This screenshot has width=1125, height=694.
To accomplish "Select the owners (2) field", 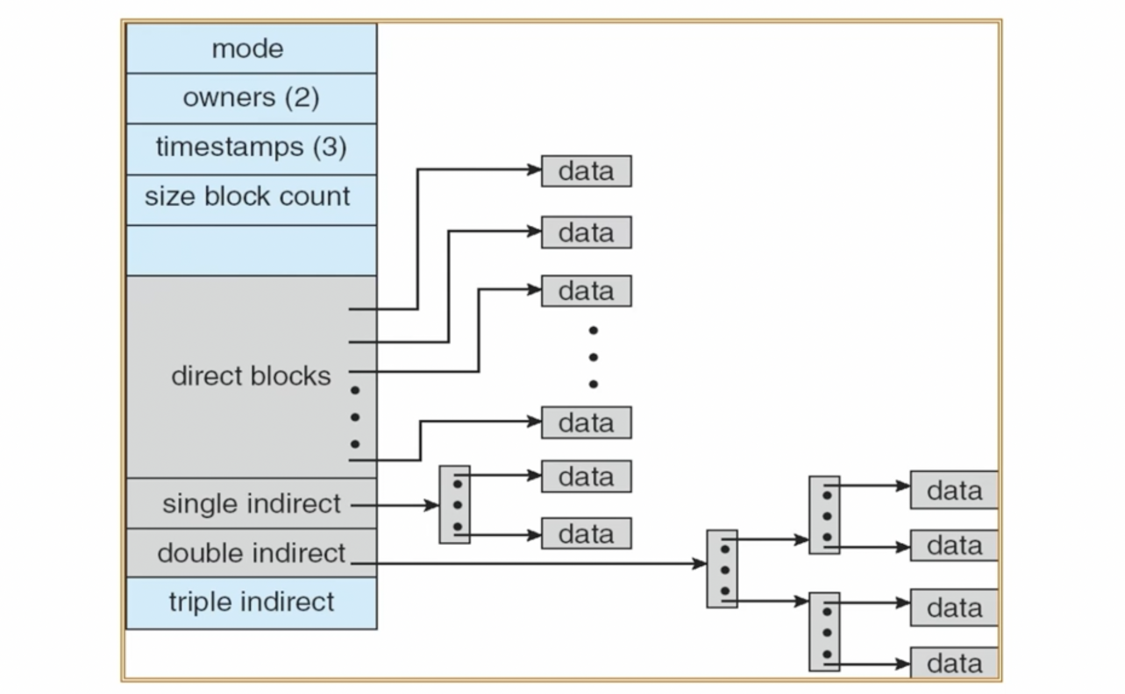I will click(x=251, y=98).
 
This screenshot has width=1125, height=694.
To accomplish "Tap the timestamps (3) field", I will click(x=251, y=147).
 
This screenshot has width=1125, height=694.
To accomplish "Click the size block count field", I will click(x=247, y=197).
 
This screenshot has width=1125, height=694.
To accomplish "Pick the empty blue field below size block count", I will click(x=251, y=251).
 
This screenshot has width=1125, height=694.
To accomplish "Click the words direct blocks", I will click(x=251, y=376).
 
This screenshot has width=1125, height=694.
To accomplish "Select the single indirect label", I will click(x=251, y=504).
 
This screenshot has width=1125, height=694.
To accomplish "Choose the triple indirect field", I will click(x=251, y=602).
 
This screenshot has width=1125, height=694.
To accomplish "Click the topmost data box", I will click(x=586, y=171).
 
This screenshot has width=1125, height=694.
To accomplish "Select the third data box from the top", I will click(x=586, y=291).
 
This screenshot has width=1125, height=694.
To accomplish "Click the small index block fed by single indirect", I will click(x=454, y=505).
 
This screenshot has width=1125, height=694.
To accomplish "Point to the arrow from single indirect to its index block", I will click(x=395, y=505).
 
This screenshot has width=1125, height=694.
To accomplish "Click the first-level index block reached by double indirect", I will click(x=722, y=569).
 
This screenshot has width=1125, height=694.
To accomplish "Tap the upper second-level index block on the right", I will click(x=824, y=515).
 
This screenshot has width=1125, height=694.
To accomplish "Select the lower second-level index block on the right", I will click(x=824, y=632).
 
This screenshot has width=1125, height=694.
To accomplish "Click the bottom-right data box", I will click(x=954, y=663).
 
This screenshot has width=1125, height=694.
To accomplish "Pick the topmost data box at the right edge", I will click(x=954, y=490).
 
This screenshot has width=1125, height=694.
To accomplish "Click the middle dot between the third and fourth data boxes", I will click(x=593, y=357).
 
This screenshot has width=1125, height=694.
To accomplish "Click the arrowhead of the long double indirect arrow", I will click(x=700, y=563).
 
